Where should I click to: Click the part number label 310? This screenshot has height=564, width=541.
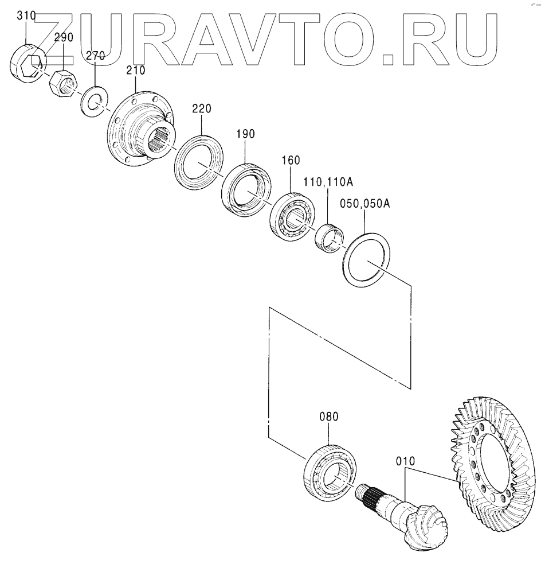[26, 15]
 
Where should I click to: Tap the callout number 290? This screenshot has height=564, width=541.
[64, 38]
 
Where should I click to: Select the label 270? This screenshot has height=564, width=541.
[95, 56]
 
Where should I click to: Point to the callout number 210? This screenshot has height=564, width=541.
[136, 71]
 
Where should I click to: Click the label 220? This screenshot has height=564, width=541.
[202, 109]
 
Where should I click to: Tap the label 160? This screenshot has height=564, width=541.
[290, 161]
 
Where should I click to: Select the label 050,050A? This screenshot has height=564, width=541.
[365, 204]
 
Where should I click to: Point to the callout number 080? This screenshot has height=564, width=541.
[329, 417]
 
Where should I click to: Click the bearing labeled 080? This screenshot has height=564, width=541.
[330, 471]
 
